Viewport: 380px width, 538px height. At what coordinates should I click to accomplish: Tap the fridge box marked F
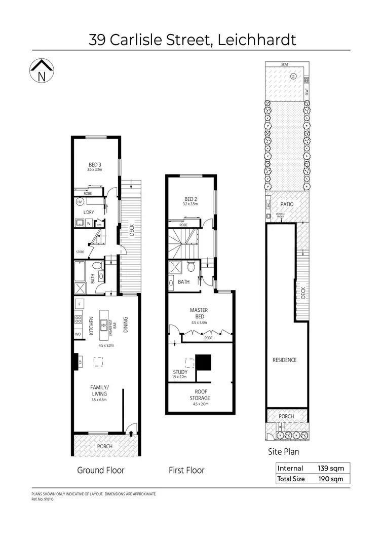[79, 304]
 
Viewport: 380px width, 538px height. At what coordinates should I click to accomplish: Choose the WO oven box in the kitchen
[79, 335]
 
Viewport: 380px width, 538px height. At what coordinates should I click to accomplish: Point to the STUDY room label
[180, 373]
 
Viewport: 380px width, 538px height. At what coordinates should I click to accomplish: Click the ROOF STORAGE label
[200, 394]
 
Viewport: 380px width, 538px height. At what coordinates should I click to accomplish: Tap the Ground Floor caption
[100, 470]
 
